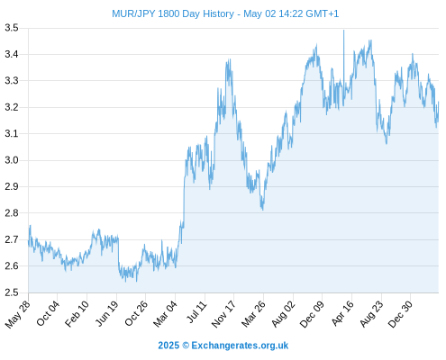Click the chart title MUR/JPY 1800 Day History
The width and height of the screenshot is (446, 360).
(x=173, y=13)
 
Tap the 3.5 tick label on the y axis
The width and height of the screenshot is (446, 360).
(x=12, y=28)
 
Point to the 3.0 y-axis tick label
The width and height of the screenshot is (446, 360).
(x=12, y=160)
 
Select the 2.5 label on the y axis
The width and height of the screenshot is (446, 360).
(x=12, y=292)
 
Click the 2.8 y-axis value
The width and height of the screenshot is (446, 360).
(x=12, y=213)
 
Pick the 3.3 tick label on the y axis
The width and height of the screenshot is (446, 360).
(x=12, y=81)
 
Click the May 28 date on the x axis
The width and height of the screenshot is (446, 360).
(x=18, y=314)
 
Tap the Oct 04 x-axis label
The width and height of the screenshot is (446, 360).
(x=48, y=313)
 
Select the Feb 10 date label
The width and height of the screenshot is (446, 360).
(x=77, y=313)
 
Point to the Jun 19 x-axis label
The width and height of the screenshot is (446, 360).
(x=107, y=313)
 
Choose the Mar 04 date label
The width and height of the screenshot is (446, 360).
(x=166, y=314)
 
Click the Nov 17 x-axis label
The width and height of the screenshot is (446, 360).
(x=223, y=314)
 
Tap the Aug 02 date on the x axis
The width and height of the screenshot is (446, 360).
(x=284, y=314)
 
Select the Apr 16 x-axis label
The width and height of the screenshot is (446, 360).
(x=342, y=313)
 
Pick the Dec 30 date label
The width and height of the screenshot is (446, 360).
(x=400, y=314)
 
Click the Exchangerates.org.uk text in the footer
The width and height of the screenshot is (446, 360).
(x=240, y=346)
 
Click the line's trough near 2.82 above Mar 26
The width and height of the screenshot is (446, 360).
(x=263, y=210)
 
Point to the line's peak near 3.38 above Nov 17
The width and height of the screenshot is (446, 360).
(x=230, y=59)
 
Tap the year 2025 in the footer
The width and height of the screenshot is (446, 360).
(x=168, y=346)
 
